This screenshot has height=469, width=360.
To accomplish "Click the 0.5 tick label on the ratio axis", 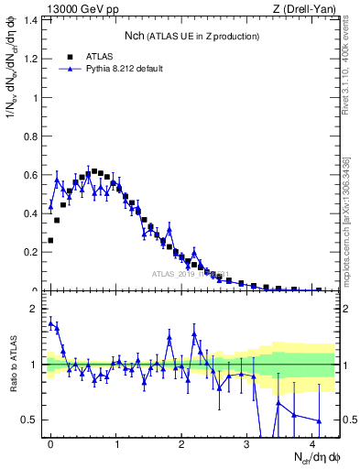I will coord(30,420).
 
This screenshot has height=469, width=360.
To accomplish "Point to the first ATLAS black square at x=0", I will coord(50,240).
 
